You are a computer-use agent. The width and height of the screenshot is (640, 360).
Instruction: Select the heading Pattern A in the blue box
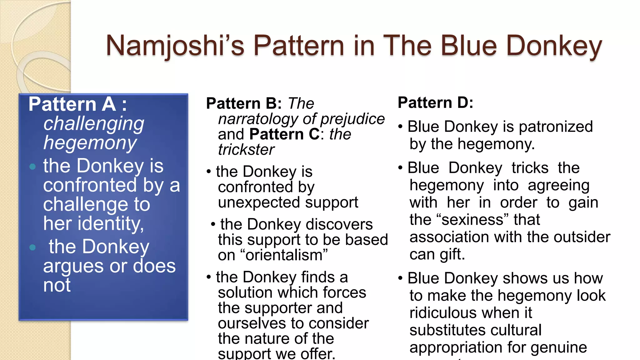[x=72, y=104]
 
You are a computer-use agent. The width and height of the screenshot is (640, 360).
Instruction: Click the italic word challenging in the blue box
[x=94, y=124]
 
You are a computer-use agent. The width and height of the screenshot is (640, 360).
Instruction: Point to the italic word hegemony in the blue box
[x=90, y=143]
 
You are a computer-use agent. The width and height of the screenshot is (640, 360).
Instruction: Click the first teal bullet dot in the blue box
[x=32, y=167]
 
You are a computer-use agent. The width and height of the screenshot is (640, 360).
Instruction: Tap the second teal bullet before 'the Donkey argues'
[x=32, y=248]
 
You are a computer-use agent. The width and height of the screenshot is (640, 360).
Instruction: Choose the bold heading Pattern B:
[x=244, y=103]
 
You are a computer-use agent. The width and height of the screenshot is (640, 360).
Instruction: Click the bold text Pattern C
[x=284, y=134]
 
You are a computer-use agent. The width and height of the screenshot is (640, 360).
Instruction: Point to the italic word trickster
[x=246, y=150]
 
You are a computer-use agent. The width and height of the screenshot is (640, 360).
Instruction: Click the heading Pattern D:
[x=435, y=103]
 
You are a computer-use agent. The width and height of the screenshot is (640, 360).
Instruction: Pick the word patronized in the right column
[x=556, y=127]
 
